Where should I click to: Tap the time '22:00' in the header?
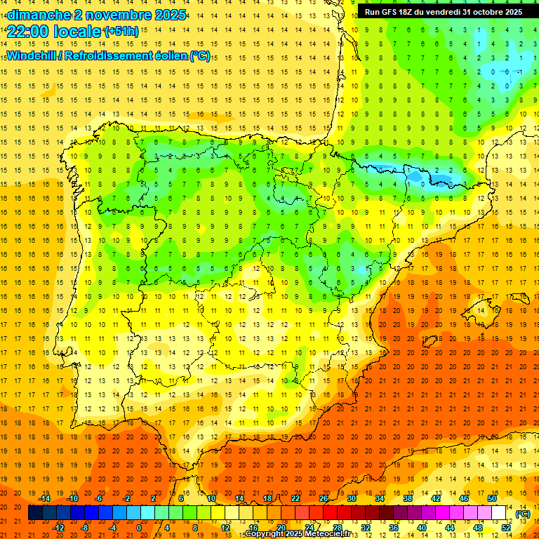[25, 31]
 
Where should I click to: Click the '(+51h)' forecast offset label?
[121, 31]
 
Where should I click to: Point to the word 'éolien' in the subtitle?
[169, 56]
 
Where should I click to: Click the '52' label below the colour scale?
[506, 528]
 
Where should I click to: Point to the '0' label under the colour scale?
[138, 528]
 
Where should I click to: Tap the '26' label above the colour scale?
[324, 498]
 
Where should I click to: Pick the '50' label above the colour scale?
[492, 498]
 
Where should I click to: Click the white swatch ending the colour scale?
[499, 513]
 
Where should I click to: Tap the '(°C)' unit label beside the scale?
[522, 514]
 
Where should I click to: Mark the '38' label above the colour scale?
[408, 498]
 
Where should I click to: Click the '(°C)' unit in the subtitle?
[200, 56]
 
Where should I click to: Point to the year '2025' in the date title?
[169, 15]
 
